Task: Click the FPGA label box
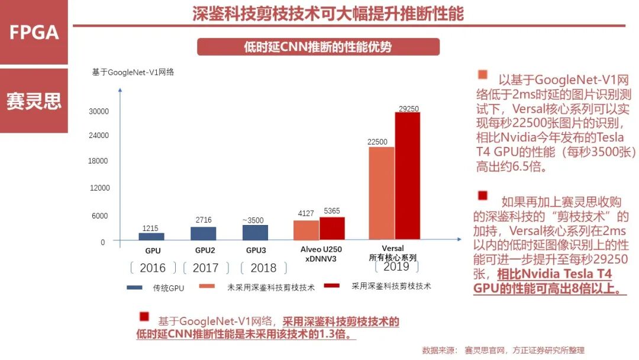(x=34, y=32)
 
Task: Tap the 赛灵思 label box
(x=34, y=101)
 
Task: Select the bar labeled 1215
(x=151, y=236)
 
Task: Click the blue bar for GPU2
(x=203, y=233)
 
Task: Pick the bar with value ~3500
(x=255, y=232)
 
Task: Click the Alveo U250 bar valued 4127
(x=306, y=230)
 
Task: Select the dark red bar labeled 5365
(x=332, y=228)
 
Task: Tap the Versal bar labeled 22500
(x=381, y=193)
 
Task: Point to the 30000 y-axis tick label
(x=99, y=111)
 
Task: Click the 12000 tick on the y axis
(x=99, y=188)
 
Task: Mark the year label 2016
(x=153, y=268)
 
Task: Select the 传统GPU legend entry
(x=156, y=288)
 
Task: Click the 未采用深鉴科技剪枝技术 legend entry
(x=257, y=287)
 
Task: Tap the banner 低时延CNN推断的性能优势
(x=318, y=47)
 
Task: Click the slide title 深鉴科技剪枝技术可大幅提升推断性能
(x=328, y=14)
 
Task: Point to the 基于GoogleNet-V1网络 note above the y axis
(x=133, y=72)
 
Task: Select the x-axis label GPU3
(x=256, y=250)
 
